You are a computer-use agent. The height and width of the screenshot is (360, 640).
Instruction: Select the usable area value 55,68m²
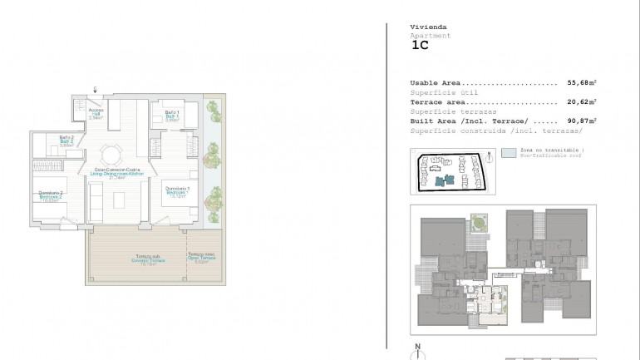pos(583,83)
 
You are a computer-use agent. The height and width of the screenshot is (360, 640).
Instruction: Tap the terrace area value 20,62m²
pos(583,101)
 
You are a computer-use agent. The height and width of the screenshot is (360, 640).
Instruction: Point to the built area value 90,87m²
pos(583,121)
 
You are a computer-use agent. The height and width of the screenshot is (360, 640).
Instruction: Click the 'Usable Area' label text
pos(436,83)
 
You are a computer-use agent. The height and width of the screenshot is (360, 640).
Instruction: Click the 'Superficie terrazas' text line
pos(454,111)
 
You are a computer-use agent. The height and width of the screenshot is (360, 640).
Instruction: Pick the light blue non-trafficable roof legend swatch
pos(507,155)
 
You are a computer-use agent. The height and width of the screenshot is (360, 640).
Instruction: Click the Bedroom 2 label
pos(51,196)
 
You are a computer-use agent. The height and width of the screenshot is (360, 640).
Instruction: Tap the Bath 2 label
pos(67,141)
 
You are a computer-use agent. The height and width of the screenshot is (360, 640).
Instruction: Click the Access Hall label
pos(96,114)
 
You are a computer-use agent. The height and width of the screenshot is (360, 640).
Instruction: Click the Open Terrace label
pos(200,257)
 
